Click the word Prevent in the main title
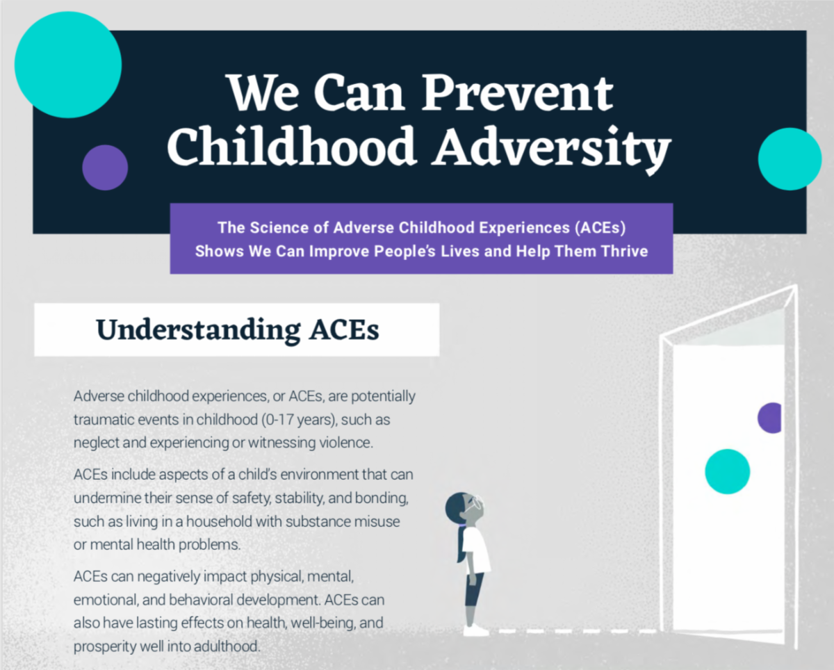coord(517,95)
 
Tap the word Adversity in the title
coord(551,147)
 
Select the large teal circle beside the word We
coord(68,65)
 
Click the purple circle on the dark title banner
coord(105,167)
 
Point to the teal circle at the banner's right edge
coord(790,159)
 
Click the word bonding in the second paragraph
coord(384,498)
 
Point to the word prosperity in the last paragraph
coord(102,646)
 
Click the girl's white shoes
coord(477,630)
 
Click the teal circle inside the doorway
coord(727,471)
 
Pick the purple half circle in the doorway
coord(771,418)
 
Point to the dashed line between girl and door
coord(577,632)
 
